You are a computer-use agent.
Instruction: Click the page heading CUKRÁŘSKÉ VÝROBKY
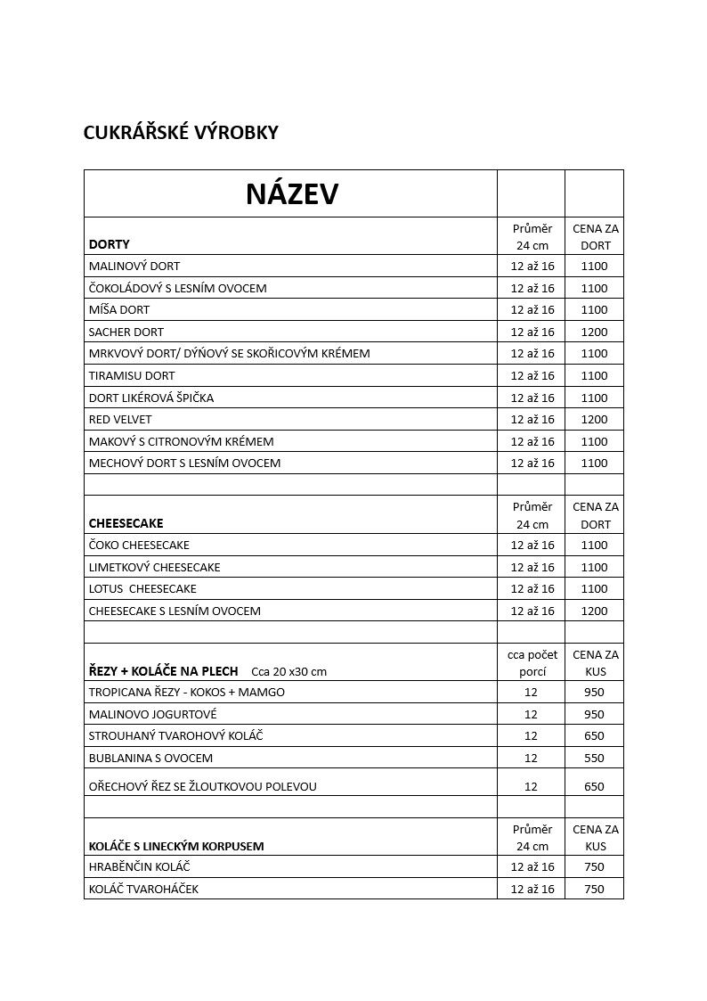[x=181, y=133]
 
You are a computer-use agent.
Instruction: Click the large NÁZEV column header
[x=292, y=193]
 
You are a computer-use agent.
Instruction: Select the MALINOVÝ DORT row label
[x=134, y=266]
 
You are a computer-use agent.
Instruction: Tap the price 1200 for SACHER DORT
[x=594, y=332]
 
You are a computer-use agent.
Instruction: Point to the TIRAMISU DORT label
[x=132, y=375]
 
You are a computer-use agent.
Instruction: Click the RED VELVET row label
[x=120, y=419]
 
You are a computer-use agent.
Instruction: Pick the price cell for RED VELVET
[x=594, y=419]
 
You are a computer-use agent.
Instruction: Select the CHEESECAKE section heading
[x=126, y=523]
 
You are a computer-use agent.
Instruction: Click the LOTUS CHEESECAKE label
[x=142, y=588]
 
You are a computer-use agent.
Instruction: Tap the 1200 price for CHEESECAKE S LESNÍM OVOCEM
[x=594, y=611]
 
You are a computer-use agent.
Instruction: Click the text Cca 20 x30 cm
[x=289, y=671]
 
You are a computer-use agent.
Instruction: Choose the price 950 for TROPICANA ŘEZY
[x=594, y=692]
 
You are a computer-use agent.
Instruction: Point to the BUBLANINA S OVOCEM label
[x=150, y=758]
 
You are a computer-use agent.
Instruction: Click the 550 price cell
[x=594, y=758]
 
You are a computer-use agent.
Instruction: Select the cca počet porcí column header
[x=532, y=662]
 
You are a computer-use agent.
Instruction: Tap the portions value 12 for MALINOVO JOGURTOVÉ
[x=532, y=714]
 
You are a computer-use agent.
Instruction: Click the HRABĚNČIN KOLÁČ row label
[x=140, y=866]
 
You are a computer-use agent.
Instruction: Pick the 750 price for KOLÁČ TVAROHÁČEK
[x=594, y=889]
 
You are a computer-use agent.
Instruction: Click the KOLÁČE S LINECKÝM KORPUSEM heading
[x=176, y=846]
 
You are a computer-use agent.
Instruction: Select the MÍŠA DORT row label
[x=119, y=309]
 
